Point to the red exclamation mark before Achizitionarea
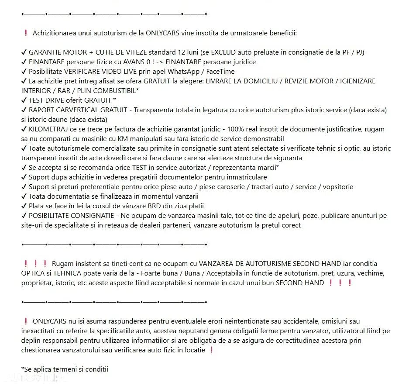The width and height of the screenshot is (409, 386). (x=26, y=33)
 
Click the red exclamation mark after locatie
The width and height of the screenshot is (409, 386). (x=212, y=350)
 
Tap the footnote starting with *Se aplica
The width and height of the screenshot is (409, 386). (x=64, y=369)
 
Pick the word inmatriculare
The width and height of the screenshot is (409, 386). (x=246, y=177)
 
